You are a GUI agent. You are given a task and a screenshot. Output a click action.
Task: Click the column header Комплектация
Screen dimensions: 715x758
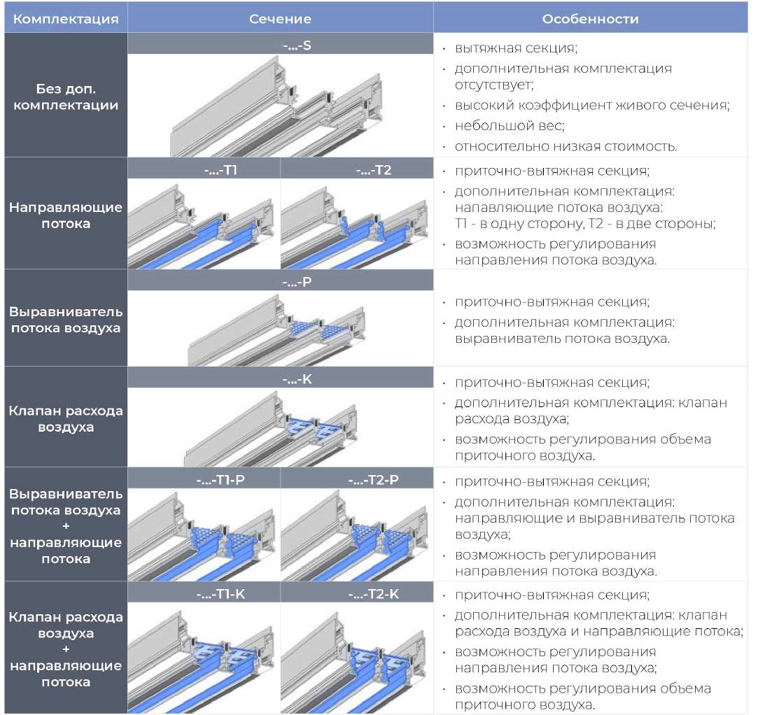click(66, 19)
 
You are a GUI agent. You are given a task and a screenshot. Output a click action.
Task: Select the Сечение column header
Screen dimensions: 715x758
click(280, 19)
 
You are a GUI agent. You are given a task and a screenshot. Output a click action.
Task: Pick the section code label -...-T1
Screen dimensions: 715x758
click(204, 169)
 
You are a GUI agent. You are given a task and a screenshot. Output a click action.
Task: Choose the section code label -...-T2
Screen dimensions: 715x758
click(357, 169)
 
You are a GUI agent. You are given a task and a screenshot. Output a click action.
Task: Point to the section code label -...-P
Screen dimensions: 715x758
click(280, 282)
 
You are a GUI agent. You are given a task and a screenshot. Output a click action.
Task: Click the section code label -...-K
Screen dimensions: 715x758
click(280, 379)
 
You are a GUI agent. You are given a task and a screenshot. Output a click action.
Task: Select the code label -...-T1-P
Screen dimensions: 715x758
click(204, 479)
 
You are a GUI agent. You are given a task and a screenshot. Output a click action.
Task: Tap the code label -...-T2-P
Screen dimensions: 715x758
click(357, 479)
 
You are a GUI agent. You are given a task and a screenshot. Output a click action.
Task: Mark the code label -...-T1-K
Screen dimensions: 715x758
click(204, 593)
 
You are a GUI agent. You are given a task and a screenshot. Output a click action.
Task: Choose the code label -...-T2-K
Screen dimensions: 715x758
click(357, 593)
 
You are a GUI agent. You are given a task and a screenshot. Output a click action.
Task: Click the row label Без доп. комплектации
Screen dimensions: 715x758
click(66, 97)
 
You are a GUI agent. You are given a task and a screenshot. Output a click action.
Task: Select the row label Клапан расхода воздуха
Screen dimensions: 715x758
click(66, 418)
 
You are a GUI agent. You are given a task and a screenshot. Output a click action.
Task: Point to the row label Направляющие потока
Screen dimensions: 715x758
click(66, 215)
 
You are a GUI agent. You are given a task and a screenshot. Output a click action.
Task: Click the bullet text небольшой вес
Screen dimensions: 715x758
click(509, 126)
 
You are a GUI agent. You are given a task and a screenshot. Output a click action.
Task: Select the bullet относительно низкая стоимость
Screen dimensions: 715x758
click(566, 146)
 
